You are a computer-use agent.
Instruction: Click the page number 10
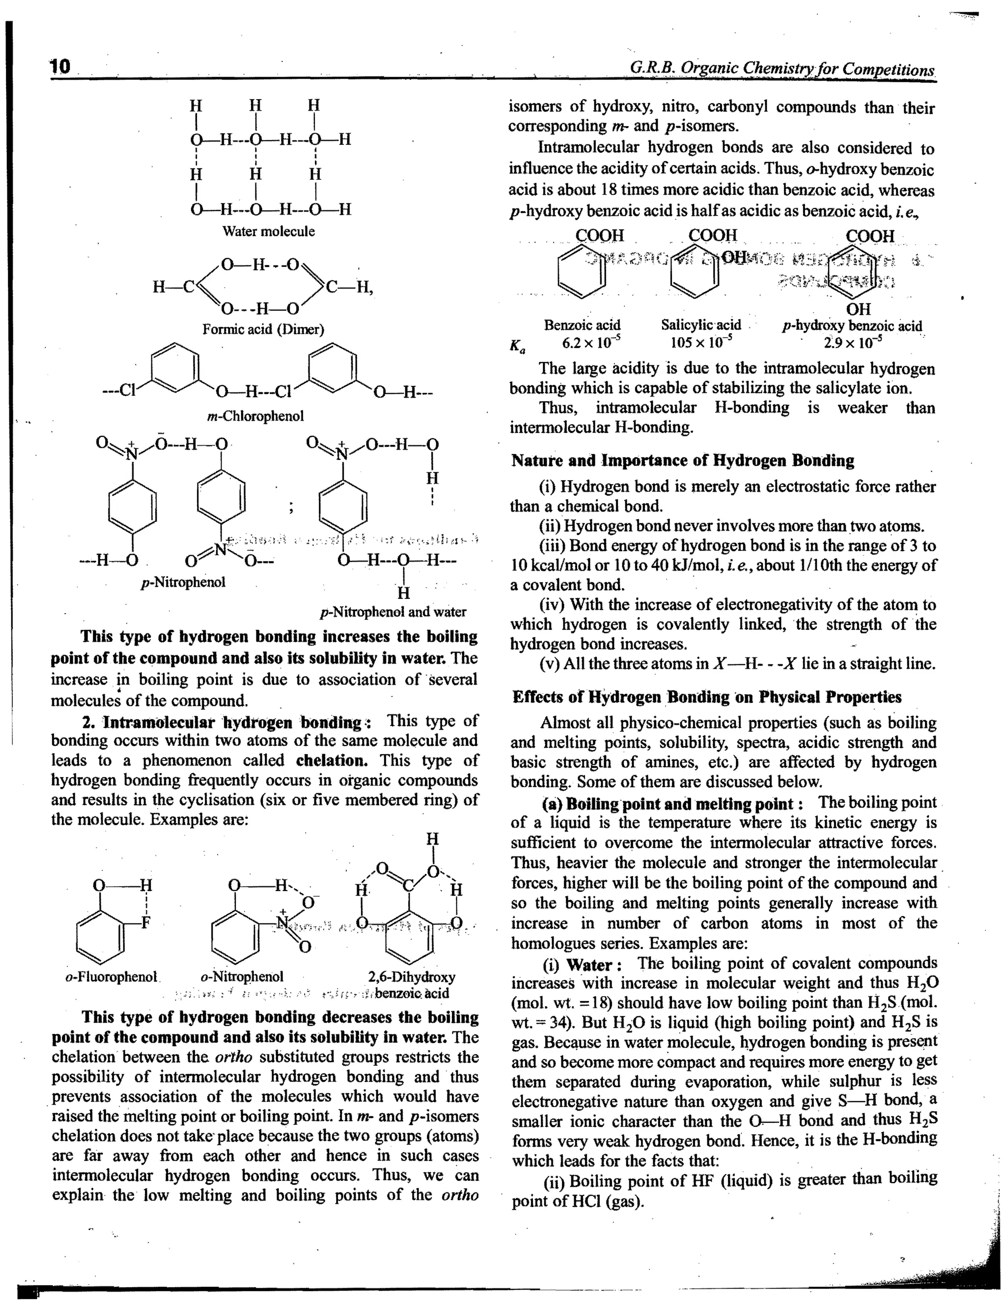point(60,66)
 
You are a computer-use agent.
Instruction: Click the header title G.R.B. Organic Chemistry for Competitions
point(782,69)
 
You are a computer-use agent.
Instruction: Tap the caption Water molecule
point(268,231)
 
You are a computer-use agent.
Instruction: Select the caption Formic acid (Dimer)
point(263,329)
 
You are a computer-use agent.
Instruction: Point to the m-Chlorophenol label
point(255,416)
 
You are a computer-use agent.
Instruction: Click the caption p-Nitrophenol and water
point(393,612)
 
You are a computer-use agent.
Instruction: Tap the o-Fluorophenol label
point(111,977)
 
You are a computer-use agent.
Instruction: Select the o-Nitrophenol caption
point(242,977)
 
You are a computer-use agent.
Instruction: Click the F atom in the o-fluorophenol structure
point(145,923)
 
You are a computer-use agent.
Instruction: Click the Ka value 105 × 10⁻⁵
point(700,343)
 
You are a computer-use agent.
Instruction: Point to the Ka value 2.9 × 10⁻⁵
point(853,343)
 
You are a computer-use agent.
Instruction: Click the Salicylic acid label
point(700,325)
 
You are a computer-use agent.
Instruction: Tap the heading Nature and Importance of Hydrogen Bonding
point(682,461)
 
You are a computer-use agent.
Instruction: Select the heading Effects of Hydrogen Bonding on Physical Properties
point(706,697)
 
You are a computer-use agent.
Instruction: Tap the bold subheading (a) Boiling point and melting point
point(672,804)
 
